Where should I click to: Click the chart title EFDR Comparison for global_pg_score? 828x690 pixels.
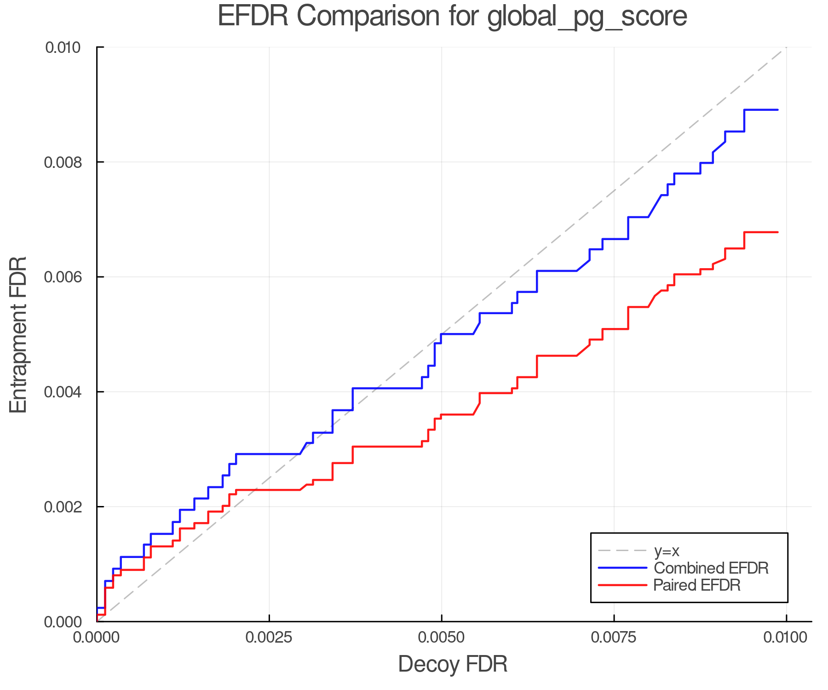point(452,17)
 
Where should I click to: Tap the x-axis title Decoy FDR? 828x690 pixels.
point(453,664)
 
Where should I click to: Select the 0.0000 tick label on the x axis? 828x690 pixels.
point(97,637)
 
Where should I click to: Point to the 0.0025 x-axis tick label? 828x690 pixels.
point(269,637)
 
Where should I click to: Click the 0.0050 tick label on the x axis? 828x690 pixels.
point(442,637)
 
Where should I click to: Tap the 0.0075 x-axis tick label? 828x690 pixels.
point(614,637)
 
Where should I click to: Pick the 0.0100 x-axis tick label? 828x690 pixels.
point(786,637)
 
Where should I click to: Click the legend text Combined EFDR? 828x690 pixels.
point(711,568)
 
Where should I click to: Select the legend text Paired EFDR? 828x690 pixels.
point(697,585)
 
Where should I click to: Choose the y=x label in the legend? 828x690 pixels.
point(667,551)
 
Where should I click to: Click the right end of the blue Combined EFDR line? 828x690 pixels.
point(777,110)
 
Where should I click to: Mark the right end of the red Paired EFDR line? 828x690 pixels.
point(777,232)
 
